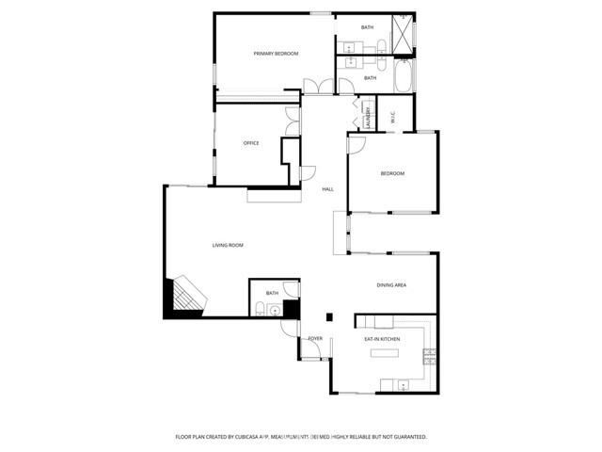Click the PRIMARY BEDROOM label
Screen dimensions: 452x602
coord(276,54)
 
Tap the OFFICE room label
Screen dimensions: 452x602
coord(251,143)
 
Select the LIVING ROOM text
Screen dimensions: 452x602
coord(228,245)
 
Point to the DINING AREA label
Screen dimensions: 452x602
coord(391,284)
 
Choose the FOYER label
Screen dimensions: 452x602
coord(315,337)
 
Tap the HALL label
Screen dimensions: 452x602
coord(327,189)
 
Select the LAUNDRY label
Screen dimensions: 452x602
coord(367,119)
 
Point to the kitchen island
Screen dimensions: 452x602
coord(384,355)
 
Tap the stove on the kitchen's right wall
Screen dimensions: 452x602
coord(430,356)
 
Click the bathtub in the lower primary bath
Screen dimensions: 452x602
coord(403,78)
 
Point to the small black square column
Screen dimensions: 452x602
coord(327,317)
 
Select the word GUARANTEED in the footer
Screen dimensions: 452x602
coord(406,437)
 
